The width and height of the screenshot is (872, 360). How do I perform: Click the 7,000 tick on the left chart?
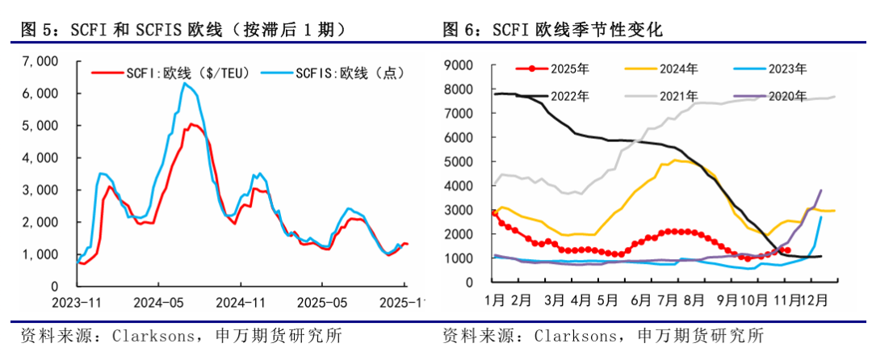pyautogui.click(x=41, y=61)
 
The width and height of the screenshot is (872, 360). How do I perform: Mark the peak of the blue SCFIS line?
pyautogui.click(x=185, y=83)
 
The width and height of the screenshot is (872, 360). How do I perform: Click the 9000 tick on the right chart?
pyautogui.click(x=460, y=65)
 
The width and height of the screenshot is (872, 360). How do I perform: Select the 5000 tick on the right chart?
pyautogui.click(x=460, y=162)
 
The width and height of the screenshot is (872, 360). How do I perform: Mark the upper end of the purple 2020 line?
pyautogui.click(x=821, y=190)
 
